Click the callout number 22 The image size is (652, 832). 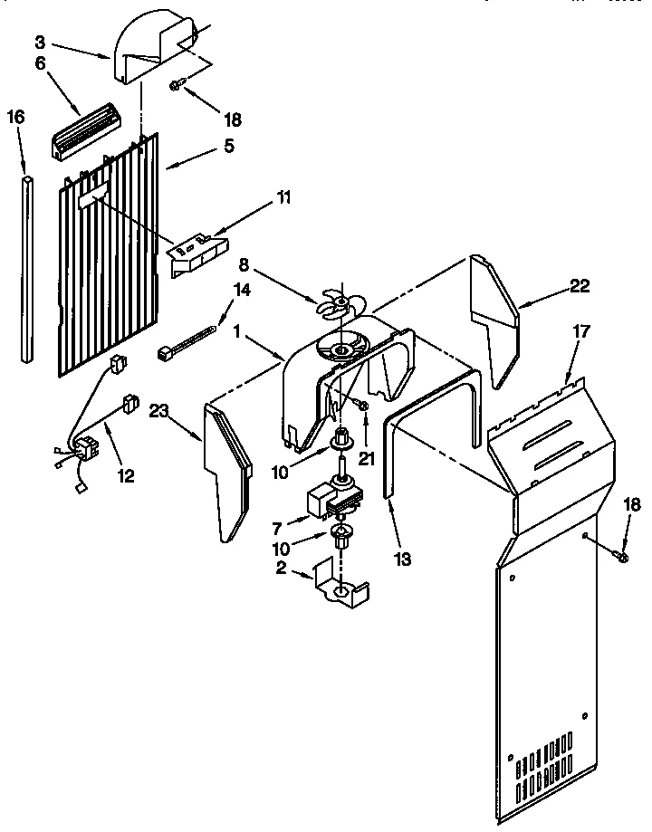(580, 286)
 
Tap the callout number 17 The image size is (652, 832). (580, 332)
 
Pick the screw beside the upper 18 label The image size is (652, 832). (177, 86)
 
